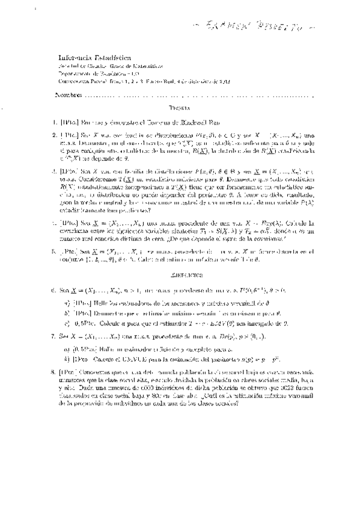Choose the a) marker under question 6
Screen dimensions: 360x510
point(67,303)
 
